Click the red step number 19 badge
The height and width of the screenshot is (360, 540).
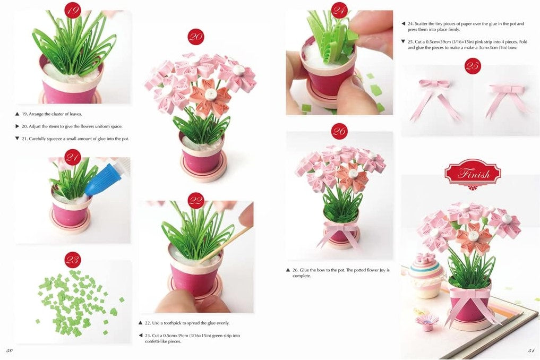tap(73, 10)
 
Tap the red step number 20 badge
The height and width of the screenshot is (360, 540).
tap(196, 37)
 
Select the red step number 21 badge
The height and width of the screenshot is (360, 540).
tap(73, 157)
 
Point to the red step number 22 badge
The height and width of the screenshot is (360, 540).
tap(196, 201)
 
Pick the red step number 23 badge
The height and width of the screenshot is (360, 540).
tap(73, 260)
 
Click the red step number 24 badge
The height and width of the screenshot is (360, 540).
tap(339, 10)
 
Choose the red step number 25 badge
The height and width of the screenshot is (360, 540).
tap(472, 66)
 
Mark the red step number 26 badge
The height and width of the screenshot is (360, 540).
tap(339, 131)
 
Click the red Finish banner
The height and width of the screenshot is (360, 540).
tap(472, 174)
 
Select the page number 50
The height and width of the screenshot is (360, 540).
tap(10, 350)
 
